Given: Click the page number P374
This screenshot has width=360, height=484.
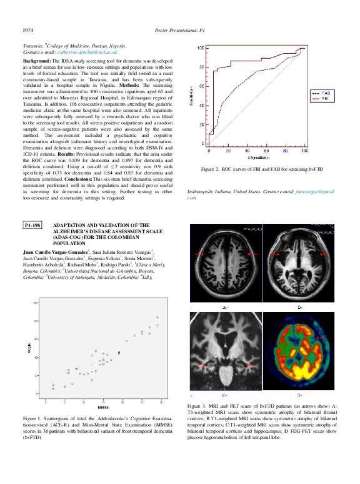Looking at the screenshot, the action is [28, 30].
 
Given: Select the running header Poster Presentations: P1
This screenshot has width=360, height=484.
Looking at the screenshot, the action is [179, 30].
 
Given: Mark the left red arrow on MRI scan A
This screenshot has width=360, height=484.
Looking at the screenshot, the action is [199, 255].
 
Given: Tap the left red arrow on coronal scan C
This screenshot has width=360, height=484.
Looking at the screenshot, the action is [203, 364].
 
